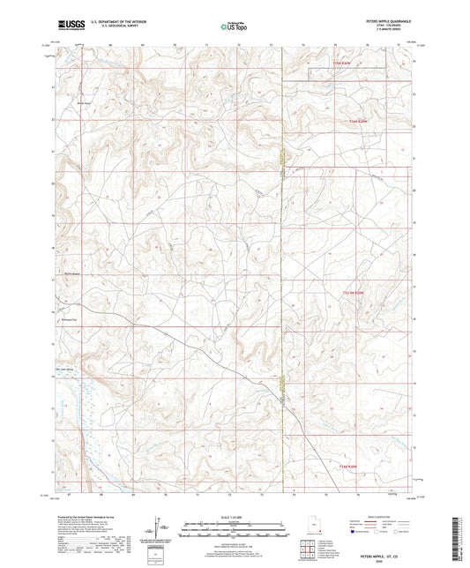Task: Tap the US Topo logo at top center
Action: tap(235, 26)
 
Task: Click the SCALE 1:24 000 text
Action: tap(235, 516)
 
